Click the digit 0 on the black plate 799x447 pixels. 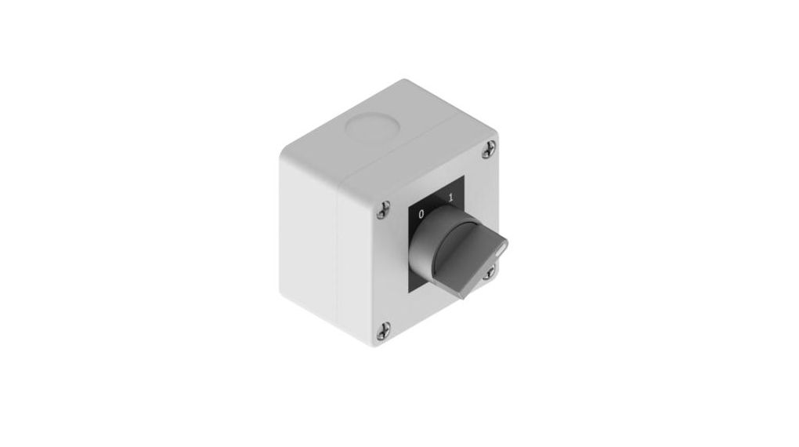pyautogui.click(x=421, y=213)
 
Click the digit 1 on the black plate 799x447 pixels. pyautogui.click(x=450, y=198)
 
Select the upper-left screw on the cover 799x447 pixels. pyautogui.click(x=384, y=208)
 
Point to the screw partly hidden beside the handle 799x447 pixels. pyautogui.click(x=491, y=271)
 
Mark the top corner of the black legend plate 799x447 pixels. pyautogui.click(x=465, y=176)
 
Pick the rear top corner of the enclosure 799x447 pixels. pyautogui.click(x=405, y=82)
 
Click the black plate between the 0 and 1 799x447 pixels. pyautogui.click(x=436, y=205)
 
